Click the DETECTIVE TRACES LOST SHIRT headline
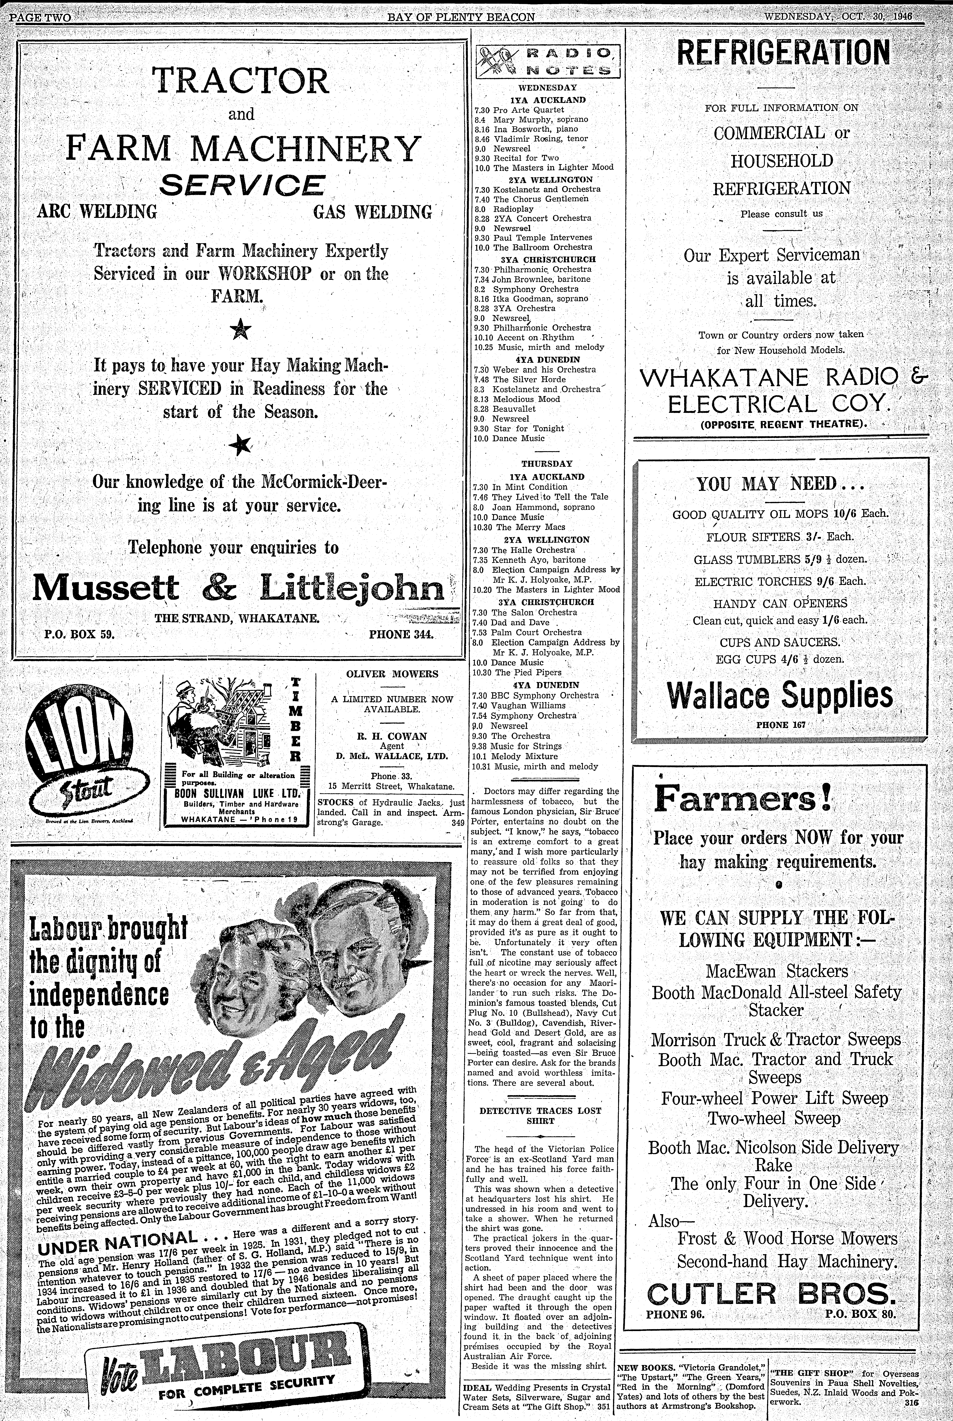[540, 1116]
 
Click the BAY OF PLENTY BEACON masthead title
[461, 17]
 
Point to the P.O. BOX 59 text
[80, 635]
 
